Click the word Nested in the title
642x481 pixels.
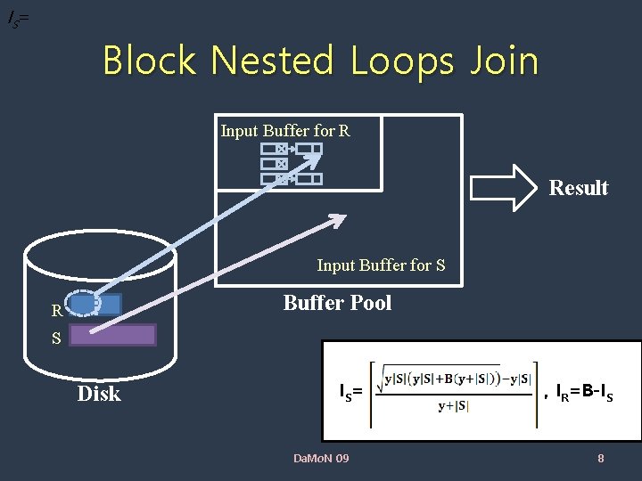(x=273, y=61)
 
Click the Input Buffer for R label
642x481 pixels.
(x=285, y=131)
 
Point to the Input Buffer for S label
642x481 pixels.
(x=381, y=265)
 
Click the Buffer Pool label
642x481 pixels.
(x=337, y=303)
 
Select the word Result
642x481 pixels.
(x=578, y=188)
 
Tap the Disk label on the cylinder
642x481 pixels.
(x=99, y=394)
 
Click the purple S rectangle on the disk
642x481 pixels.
(x=112, y=335)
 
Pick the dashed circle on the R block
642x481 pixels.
(x=84, y=305)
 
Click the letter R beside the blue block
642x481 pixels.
(x=56, y=312)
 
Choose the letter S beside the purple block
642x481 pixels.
(x=56, y=339)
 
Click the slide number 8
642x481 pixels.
(x=600, y=459)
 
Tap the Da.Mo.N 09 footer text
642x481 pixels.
(x=321, y=459)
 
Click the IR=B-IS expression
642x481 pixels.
(x=585, y=391)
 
